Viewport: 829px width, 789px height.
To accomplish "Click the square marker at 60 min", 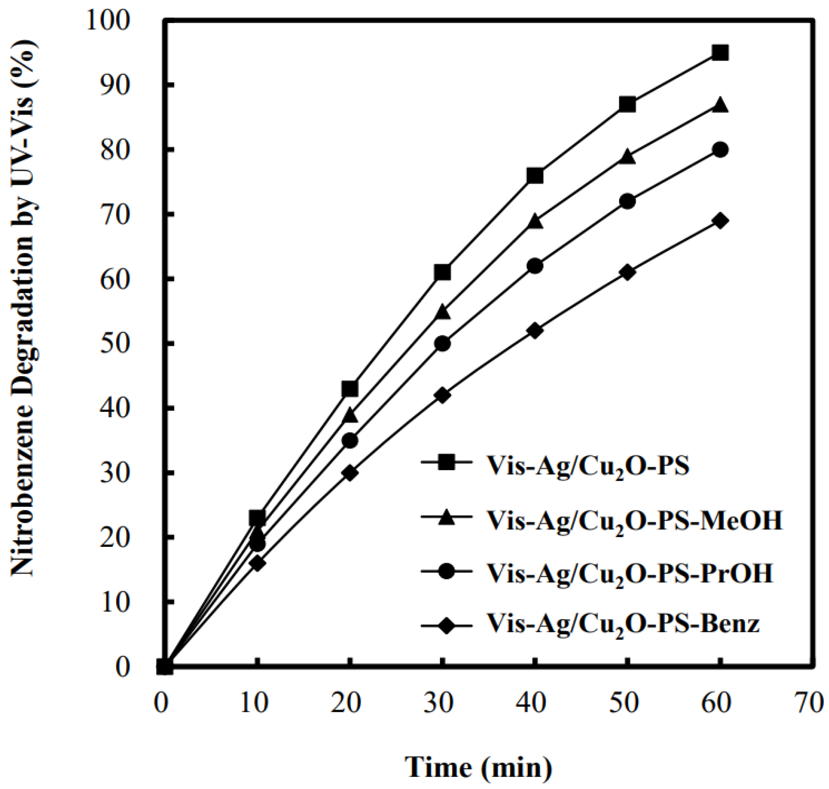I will click(720, 53).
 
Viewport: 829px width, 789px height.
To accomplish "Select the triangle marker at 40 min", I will click(535, 221).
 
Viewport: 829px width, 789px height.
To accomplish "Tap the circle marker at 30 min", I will click(442, 344).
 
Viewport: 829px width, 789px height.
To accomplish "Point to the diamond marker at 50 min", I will click(628, 272).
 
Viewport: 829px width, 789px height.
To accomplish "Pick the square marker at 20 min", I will click(350, 389).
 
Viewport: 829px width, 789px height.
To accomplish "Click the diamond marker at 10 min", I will click(257, 563).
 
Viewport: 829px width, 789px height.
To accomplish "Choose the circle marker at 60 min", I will click(720, 150).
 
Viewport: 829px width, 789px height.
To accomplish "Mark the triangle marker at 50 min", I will click(628, 157).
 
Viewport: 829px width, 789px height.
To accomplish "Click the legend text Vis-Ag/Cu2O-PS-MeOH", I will click(634, 521).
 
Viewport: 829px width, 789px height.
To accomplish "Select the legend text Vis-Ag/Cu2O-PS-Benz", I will click(623, 624).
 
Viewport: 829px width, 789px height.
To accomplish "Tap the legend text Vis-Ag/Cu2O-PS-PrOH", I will click(630, 573).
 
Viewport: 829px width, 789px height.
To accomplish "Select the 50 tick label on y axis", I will click(115, 344).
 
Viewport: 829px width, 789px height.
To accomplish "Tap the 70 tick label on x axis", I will click(809, 704).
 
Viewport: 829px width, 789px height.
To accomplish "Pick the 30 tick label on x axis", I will click(438, 704).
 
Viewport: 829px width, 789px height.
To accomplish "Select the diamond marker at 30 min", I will click(442, 395).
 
